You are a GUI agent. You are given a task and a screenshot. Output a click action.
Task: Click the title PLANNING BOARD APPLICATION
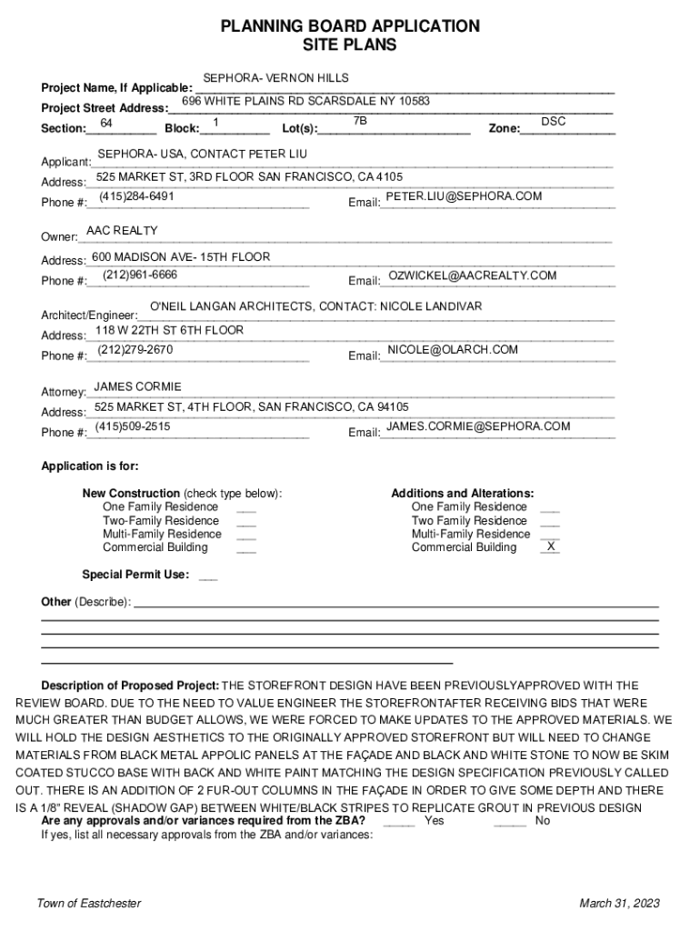350,26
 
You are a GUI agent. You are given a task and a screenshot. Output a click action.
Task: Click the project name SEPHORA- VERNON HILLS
275,78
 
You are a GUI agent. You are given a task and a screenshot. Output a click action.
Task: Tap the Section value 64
106,122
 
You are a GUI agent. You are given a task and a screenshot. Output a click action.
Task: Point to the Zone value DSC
553,121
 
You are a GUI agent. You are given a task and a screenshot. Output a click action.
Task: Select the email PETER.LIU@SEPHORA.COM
464,196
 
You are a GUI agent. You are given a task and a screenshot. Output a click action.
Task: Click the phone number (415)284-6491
136,196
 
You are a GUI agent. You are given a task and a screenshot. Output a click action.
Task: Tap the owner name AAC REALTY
122,231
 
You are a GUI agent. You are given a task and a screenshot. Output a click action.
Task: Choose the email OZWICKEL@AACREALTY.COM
472,275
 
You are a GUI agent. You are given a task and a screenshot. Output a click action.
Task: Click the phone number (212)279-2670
135,349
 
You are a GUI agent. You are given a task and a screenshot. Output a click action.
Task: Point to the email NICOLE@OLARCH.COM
453,349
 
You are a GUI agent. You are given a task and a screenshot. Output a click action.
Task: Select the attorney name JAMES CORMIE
138,386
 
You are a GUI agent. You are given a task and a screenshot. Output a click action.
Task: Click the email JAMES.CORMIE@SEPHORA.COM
478,426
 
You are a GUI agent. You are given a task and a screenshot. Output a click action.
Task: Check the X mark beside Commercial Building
550,547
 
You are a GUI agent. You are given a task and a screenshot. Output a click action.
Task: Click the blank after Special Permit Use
207,575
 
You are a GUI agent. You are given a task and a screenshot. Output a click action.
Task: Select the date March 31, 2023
619,903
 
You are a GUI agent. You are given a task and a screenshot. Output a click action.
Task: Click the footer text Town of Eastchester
88,903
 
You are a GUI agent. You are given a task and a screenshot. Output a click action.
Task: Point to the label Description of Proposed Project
130,686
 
